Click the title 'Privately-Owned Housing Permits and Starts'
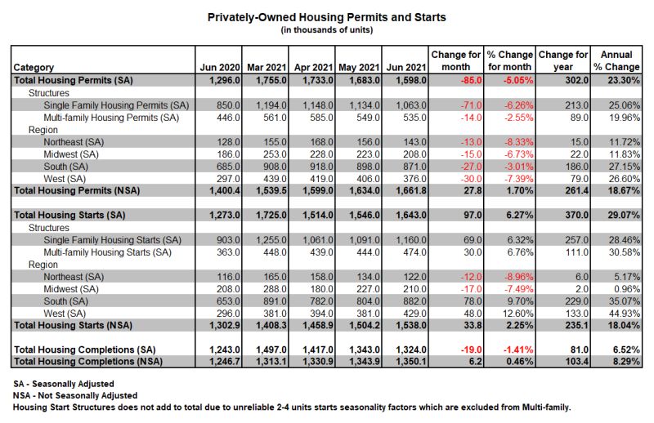326,17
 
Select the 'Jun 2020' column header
220,67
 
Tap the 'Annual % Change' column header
616,61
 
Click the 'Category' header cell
34,68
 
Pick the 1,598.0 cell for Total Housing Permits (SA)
406,80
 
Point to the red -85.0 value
471,80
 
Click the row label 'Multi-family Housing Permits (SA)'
111,118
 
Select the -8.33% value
518,142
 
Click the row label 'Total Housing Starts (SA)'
69,215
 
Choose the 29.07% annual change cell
624,215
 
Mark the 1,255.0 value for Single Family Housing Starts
271,240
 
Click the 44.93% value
625,314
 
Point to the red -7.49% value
518,289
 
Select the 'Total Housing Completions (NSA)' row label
88,361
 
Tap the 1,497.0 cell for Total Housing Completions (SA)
271,350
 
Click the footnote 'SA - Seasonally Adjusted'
64,384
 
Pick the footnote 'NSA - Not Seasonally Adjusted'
75,395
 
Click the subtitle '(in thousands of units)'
326,30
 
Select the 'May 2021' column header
359,67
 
